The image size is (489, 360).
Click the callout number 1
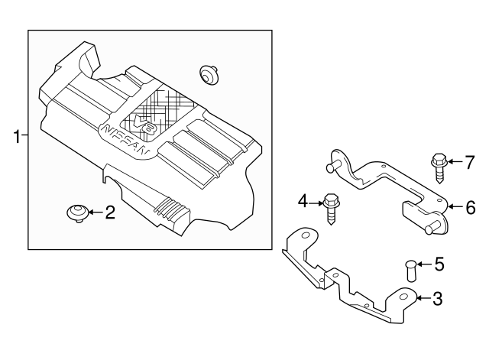click(x=15, y=138)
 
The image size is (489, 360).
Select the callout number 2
click(x=109, y=212)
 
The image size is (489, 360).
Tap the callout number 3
click(x=437, y=298)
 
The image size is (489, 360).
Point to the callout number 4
click(x=303, y=202)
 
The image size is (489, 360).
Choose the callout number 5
click(x=438, y=265)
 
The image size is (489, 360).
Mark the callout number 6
click(x=471, y=206)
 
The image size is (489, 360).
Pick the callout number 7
click(x=470, y=161)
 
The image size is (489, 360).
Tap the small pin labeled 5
click(x=409, y=270)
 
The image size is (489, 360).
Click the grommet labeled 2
click(x=77, y=212)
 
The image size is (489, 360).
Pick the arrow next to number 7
click(x=455, y=161)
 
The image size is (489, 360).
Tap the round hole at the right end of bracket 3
click(x=403, y=299)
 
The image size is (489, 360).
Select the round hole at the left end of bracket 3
click(x=303, y=238)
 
